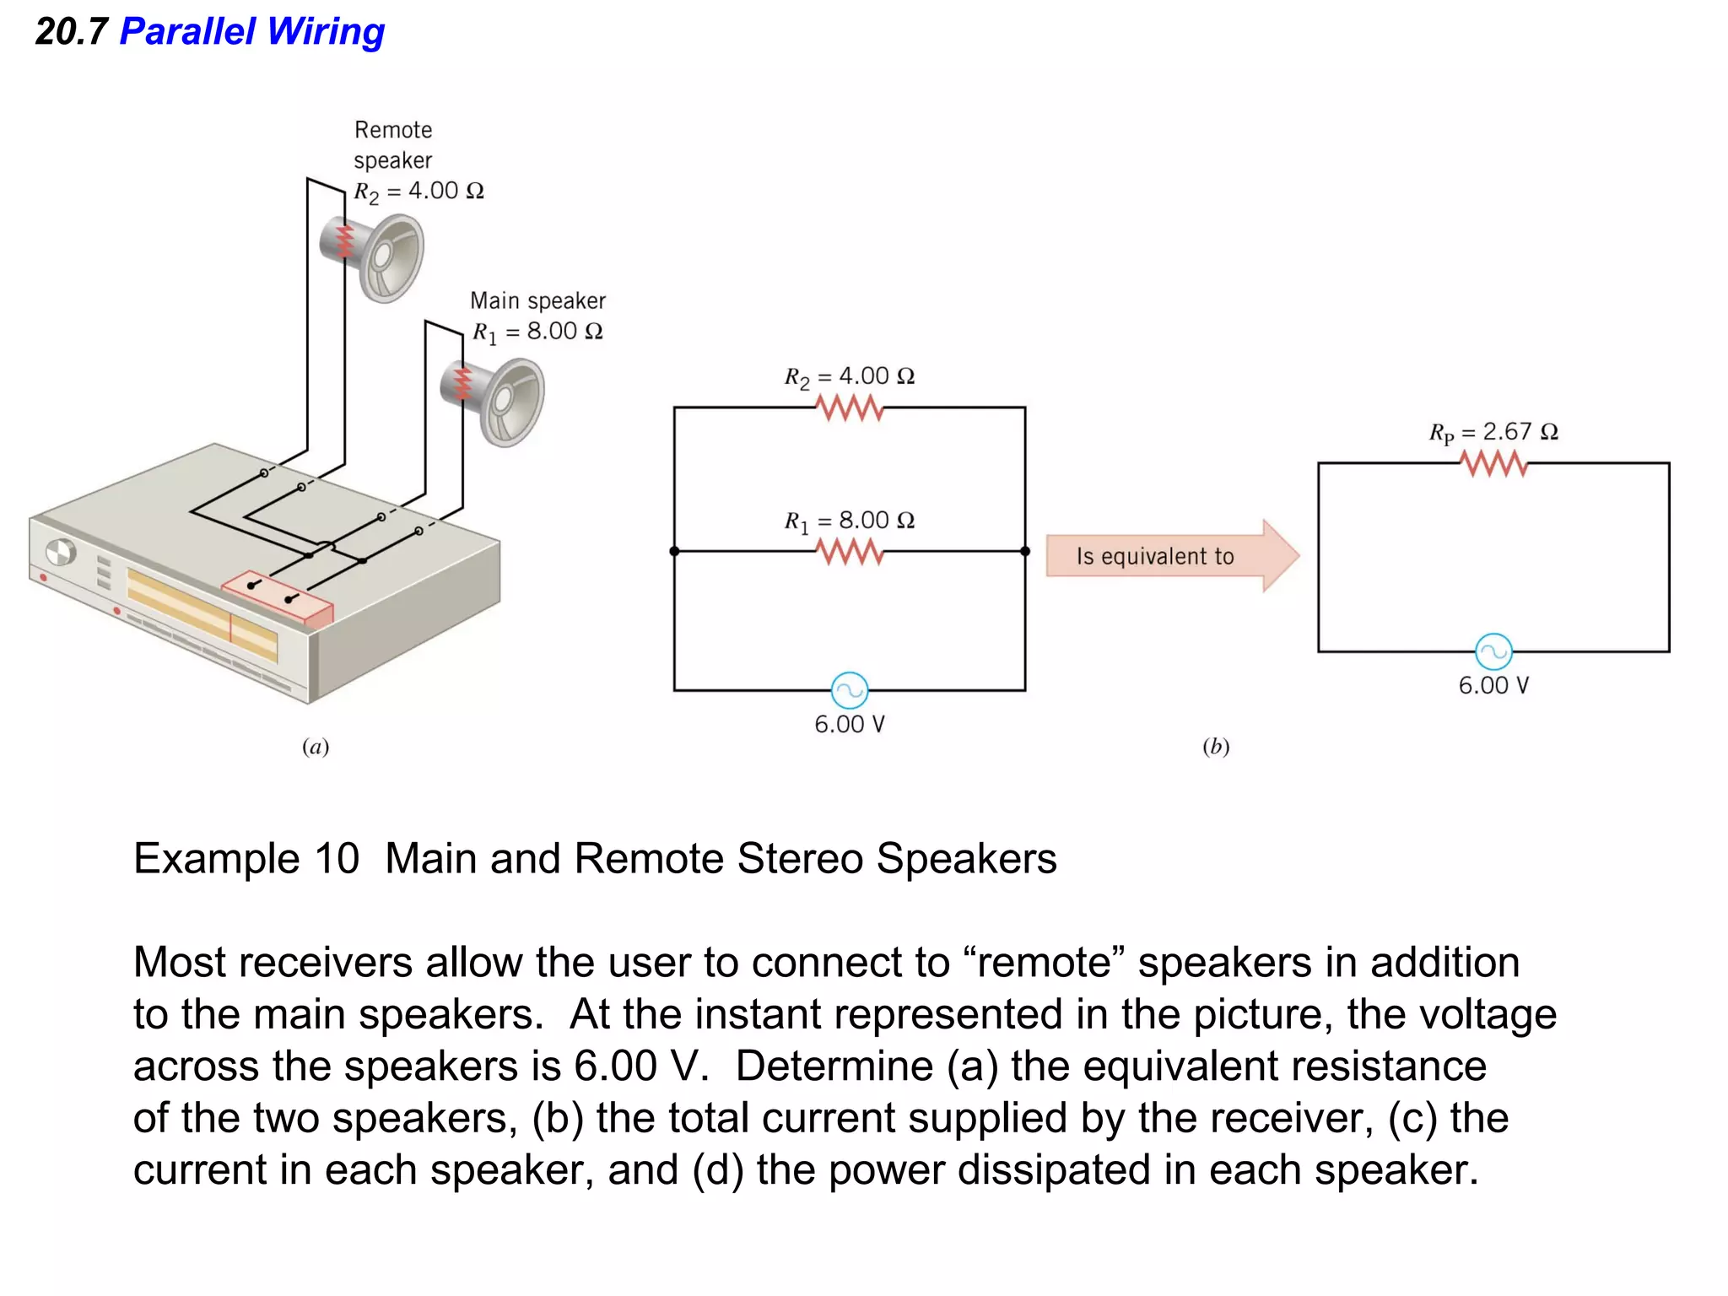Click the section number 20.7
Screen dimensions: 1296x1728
coord(71,32)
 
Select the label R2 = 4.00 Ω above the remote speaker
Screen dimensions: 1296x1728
coord(418,192)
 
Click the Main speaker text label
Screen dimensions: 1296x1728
coord(537,300)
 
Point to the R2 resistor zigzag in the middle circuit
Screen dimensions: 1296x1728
coord(850,408)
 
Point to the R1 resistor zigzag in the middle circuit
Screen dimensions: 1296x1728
coord(850,552)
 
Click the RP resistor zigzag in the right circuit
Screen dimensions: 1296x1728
coord(1493,464)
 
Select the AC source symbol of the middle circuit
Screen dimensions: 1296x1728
coord(850,690)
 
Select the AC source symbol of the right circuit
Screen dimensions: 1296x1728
coord(1493,651)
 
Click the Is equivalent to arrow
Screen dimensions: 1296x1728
coord(1169,556)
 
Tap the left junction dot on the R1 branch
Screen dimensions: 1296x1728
coord(674,552)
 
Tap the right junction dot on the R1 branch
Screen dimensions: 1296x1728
coord(1025,552)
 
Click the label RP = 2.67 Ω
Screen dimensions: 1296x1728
coord(1493,432)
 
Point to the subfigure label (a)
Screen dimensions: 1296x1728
coord(316,747)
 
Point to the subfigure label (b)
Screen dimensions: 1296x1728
coord(1216,747)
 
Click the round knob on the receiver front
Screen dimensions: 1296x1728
coord(61,553)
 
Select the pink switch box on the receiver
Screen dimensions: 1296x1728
coord(277,596)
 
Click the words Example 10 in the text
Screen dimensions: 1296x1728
coord(246,859)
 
